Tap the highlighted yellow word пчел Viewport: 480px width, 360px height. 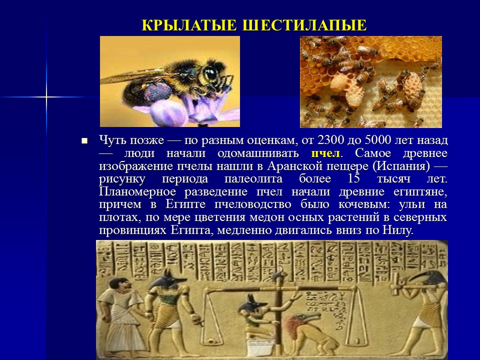(325, 153)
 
